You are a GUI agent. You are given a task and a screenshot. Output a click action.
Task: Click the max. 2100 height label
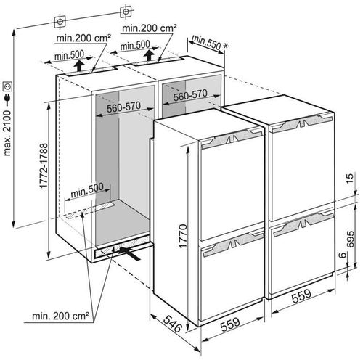click(7, 134)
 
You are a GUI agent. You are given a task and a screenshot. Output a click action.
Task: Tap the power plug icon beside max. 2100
click(7, 99)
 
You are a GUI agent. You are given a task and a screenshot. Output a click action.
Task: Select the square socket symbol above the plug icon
click(8, 86)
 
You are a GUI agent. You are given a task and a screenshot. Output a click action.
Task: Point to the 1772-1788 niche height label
click(44, 165)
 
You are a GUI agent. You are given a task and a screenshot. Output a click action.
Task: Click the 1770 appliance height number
click(183, 237)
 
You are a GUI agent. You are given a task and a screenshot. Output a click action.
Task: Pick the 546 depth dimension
click(173, 323)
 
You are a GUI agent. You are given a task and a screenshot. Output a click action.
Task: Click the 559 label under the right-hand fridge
click(301, 296)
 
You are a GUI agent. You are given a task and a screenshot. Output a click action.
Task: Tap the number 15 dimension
click(349, 179)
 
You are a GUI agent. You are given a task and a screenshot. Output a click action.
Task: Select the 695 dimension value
click(350, 240)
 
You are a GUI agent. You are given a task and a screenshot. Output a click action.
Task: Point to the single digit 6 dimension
click(342, 255)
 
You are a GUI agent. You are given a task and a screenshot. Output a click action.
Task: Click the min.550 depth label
click(206, 41)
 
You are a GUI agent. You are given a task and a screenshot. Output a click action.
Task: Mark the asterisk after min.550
click(226, 46)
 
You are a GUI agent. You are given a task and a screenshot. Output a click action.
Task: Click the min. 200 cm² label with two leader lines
click(60, 316)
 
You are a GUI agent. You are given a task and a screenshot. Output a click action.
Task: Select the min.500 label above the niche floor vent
click(87, 190)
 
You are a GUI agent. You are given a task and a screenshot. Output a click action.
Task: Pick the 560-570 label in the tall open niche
click(123, 107)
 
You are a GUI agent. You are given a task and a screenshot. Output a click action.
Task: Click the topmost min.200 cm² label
click(150, 28)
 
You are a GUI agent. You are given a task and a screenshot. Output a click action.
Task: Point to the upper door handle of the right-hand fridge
click(302, 123)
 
